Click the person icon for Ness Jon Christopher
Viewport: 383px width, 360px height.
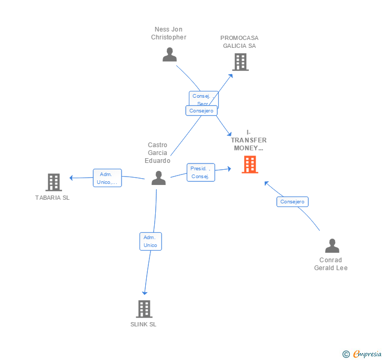coord(169,55)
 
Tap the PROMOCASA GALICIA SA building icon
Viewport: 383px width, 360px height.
coord(240,62)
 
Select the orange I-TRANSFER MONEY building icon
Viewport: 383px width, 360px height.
coord(250,164)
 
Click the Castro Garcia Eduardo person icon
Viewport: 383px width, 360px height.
coord(158,178)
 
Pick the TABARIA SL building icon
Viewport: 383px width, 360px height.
coord(53,182)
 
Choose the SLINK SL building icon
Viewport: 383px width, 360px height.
coord(144,308)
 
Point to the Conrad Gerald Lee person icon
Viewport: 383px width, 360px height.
coord(332,245)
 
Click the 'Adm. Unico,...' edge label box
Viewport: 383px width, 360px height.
coord(107,178)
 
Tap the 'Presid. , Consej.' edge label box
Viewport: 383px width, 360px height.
coord(200,172)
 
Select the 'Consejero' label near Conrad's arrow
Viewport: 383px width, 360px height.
coord(293,201)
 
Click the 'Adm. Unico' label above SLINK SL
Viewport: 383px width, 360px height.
coord(150,241)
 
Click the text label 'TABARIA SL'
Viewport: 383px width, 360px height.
coord(52,198)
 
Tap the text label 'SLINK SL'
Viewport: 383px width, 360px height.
coord(144,324)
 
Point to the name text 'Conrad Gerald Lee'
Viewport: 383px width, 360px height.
coord(331,264)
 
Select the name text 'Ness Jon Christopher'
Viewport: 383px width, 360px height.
coord(168,33)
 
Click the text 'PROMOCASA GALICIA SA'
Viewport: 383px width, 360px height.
coord(239,42)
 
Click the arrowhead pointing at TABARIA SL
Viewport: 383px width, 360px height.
coord(72,178)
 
